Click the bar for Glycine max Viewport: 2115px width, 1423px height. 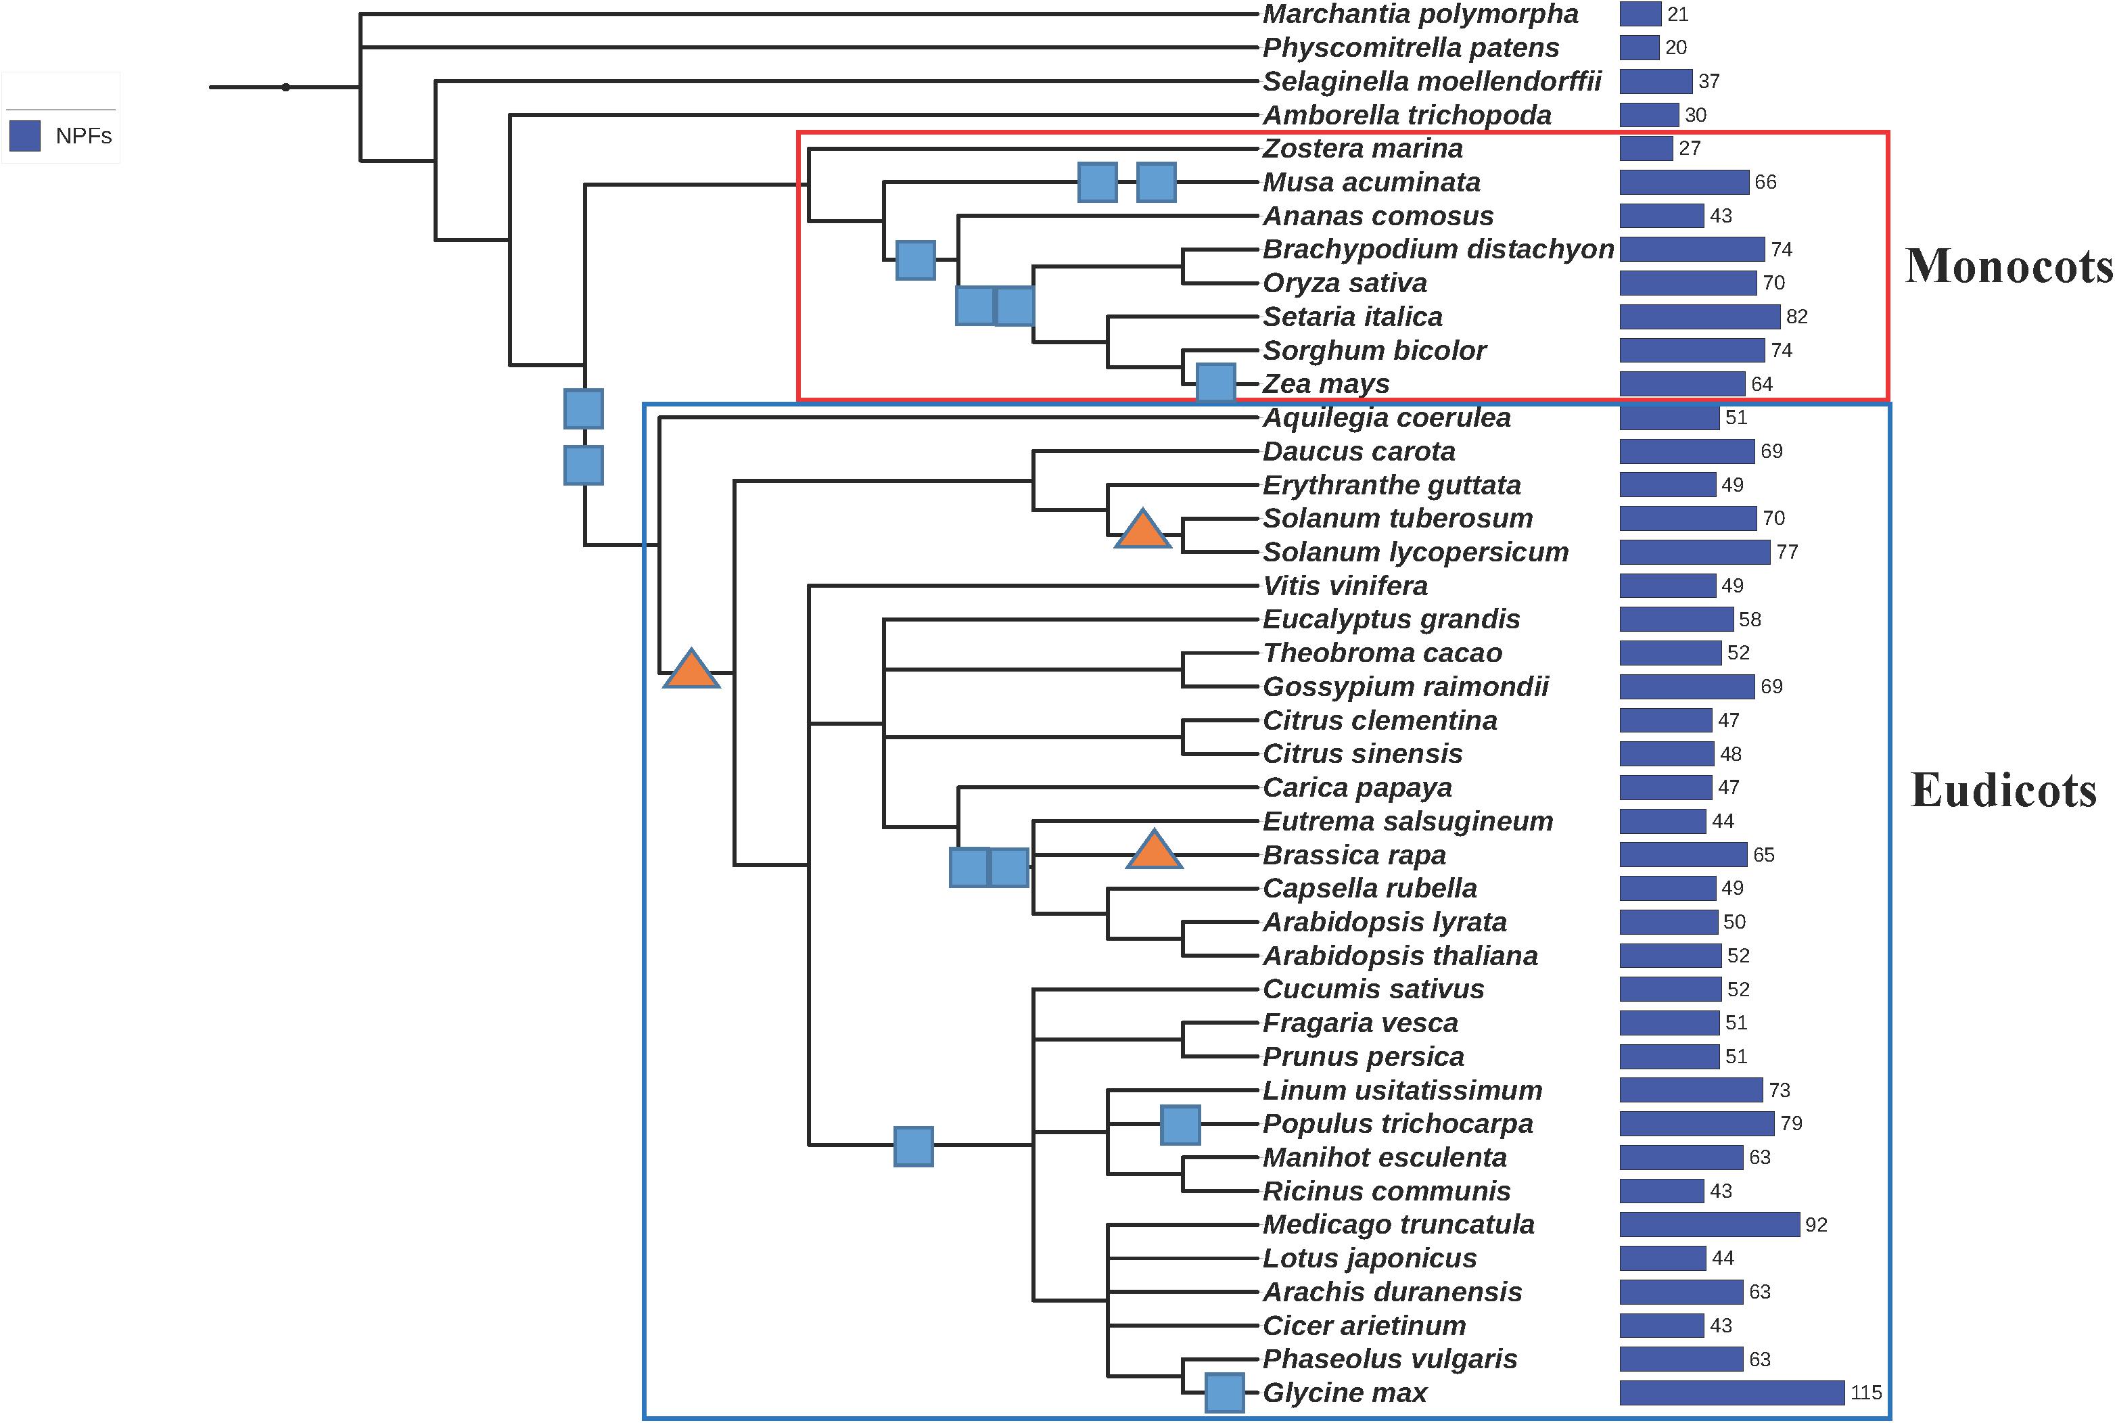[1731, 1392]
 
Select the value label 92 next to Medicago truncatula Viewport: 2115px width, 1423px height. [1815, 1224]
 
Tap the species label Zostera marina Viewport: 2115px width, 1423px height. [1362, 148]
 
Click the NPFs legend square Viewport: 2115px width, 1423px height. [24, 136]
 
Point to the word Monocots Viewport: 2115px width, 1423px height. [2009, 266]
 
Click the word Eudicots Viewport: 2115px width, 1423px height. [2003, 789]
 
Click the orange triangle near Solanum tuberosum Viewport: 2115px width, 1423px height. [1142, 531]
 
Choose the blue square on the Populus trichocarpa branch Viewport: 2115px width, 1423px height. [1180, 1125]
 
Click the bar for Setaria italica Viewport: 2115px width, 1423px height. [1698, 317]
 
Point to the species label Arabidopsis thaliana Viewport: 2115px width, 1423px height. [1400, 956]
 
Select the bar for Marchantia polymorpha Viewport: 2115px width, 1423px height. [1640, 14]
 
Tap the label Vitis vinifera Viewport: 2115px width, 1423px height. [1345, 585]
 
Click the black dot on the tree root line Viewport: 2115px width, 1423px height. [286, 87]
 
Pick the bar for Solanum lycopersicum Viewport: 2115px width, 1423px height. [1694, 552]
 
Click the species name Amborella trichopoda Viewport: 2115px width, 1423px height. [1406, 115]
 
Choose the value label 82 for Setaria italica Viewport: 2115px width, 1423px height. [1796, 317]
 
